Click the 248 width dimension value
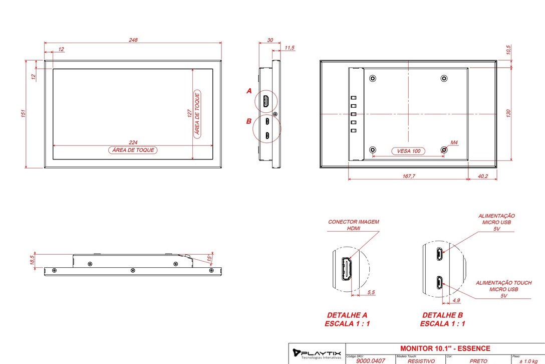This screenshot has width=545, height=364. [133, 40]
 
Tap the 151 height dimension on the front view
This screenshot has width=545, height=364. [23, 113]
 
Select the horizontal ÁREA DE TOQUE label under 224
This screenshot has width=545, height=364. [133, 150]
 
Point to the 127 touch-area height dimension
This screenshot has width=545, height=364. [189, 113]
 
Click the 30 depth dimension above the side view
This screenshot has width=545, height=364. [270, 40]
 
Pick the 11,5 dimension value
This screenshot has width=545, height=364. [290, 48]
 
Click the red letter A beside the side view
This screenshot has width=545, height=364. [249, 91]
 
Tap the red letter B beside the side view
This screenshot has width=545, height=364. [249, 121]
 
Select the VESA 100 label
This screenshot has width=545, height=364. [409, 151]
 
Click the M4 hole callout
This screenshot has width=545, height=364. [454, 142]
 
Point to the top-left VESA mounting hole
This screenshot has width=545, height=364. [373, 78]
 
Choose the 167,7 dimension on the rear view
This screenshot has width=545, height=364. [409, 176]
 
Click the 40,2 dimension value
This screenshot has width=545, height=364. [483, 176]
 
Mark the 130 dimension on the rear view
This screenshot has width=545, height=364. [508, 113]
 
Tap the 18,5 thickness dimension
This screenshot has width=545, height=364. [32, 260]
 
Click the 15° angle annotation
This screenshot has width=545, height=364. [209, 258]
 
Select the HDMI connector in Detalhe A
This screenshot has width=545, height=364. [346, 269]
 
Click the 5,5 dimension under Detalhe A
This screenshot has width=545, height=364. [371, 292]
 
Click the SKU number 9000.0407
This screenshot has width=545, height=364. [371, 361]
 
